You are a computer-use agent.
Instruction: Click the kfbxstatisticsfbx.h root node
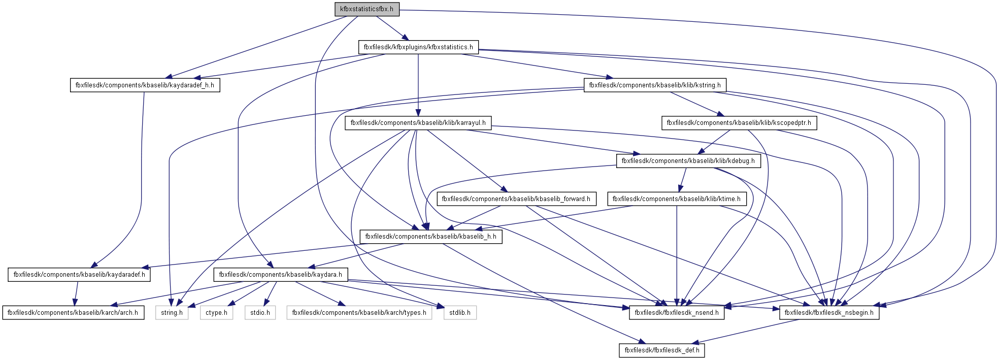[x=367, y=9]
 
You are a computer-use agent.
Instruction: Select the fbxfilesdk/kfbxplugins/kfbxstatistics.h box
[x=418, y=47]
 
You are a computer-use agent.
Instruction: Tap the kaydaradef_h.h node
[x=145, y=85]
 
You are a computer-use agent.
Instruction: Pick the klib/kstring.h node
[x=655, y=85]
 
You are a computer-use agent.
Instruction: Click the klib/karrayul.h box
[x=418, y=123]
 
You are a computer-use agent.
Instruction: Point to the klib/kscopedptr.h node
[x=739, y=123]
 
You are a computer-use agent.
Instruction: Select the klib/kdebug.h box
[x=688, y=161]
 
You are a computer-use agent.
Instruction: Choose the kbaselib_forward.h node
[x=516, y=199]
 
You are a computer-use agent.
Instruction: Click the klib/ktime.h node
[x=677, y=199]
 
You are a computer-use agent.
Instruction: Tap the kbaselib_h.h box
[x=431, y=237]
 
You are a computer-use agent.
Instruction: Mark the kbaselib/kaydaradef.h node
[x=79, y=275]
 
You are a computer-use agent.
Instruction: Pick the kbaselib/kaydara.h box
[x=281, y=275]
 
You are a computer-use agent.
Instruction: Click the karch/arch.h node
[x=73, y=313]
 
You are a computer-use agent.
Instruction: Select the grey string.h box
[x=172, y=313]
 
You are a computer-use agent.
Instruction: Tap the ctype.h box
[x=217, y=313]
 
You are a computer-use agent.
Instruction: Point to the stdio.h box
[x=260, y=313]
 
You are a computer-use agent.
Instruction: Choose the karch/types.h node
[x=359, y=313]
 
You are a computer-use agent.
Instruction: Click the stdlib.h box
[x=460, y=313]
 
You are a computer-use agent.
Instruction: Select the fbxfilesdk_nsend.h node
[x=677, y=313]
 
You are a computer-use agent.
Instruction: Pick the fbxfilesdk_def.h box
[x=662, y=350]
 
